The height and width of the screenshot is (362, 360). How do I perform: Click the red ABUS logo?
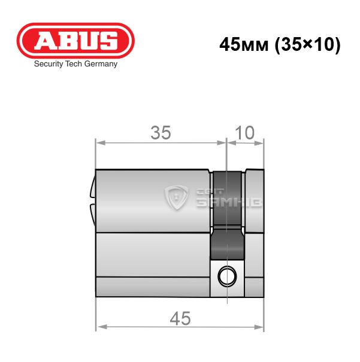pyautogui.click(x=75, y=41)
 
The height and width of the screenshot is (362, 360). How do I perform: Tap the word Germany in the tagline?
pyautogui.click(x=101, y=64)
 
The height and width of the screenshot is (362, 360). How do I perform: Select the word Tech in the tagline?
pyautogui.click(x=74, y=63)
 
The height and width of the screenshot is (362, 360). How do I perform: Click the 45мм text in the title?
pyautogui.click(x=244, y=44)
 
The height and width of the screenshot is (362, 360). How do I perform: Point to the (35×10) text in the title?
pyautogui.click(x=307, y=45)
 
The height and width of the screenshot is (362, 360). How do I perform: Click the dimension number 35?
pyautogui.click(x=161, y=132)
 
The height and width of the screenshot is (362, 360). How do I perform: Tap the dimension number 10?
pyautogui.click(x=245, y=132)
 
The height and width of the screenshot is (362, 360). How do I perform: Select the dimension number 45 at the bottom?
pyautogui.click(x=180, y=318)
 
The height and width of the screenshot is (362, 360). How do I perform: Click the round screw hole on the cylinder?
pyautogui.click(x=227, y=276)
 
